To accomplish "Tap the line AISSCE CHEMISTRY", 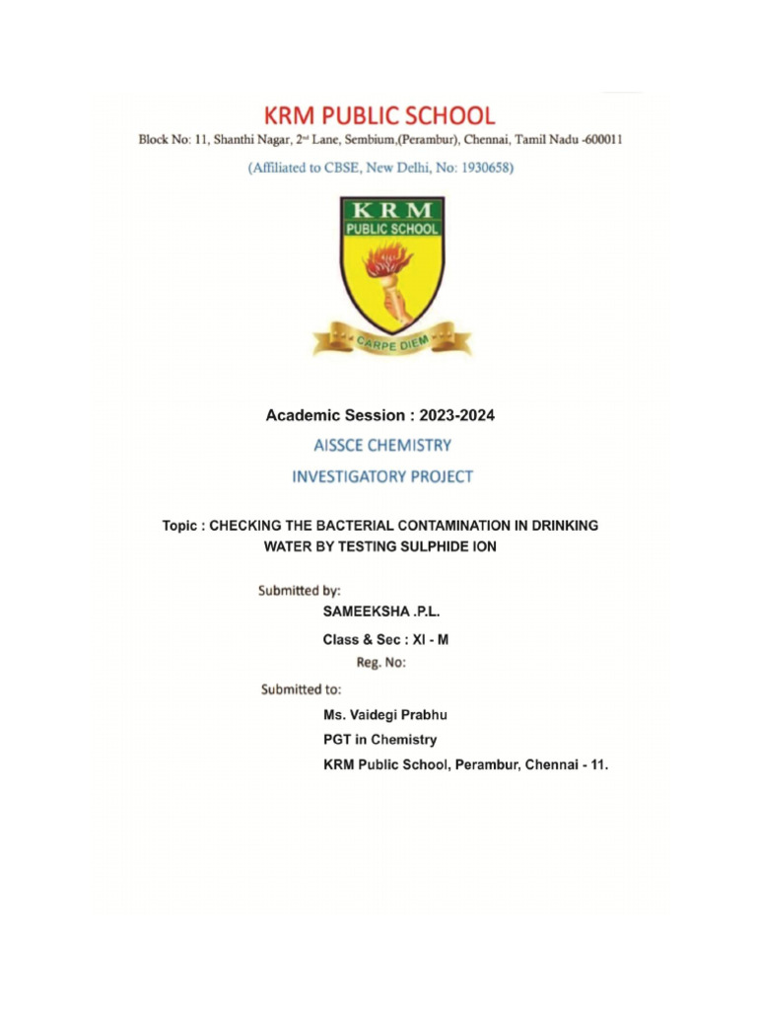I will click(x=382, y=446).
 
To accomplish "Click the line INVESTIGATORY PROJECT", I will click(x=382, y=476).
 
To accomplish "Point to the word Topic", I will click(x=182, y=527).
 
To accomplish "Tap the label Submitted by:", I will click(x=300, y=591).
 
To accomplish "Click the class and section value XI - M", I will click(x=429, y=639).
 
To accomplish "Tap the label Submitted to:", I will click(x=301, y=689).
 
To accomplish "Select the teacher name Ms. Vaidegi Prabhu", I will click(x=391, y=714).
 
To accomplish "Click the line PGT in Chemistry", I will click(x=379, y=739).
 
